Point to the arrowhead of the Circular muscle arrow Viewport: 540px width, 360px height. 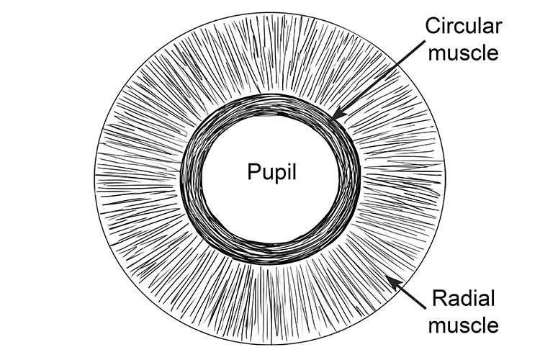click(337, 115)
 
